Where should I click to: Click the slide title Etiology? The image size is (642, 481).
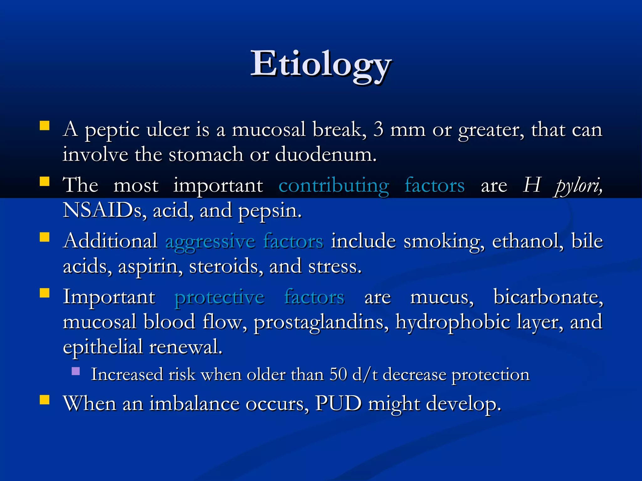(x=321, y=65)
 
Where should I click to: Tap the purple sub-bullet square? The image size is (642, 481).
(x=76, y=371)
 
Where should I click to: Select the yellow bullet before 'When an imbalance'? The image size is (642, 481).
(x=45, y=400)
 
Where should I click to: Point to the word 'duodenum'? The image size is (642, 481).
(x=325, y=154)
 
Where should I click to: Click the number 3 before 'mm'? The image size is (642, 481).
(x=378, y=129)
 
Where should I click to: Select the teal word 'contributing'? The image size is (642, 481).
(x=334, y=186)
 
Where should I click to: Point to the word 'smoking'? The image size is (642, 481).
(x=444, y=241)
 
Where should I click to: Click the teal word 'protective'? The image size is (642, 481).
(x=219, y=297)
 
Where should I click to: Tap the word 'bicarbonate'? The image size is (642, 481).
(x=548, y=297)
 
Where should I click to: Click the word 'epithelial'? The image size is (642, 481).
(x=103, y=347)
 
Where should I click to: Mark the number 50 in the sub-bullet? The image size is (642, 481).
(x=338, y=374)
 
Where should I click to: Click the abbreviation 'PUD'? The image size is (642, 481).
(x=338, y=403)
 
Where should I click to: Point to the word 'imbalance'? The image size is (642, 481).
(x=194, y=403)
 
